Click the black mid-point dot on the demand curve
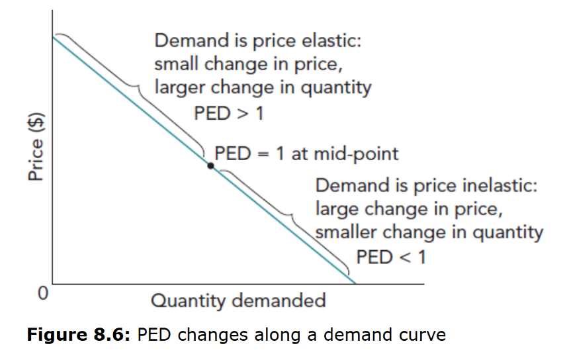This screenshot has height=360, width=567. (210, 165)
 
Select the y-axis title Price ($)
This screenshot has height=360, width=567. (36, 147)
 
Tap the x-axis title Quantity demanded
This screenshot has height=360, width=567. (238, 301)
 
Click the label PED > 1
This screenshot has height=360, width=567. (228, 113)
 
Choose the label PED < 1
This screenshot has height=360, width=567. (391, 256)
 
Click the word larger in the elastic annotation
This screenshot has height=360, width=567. (177, 87)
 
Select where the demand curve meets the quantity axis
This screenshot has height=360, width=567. (355, 284)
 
